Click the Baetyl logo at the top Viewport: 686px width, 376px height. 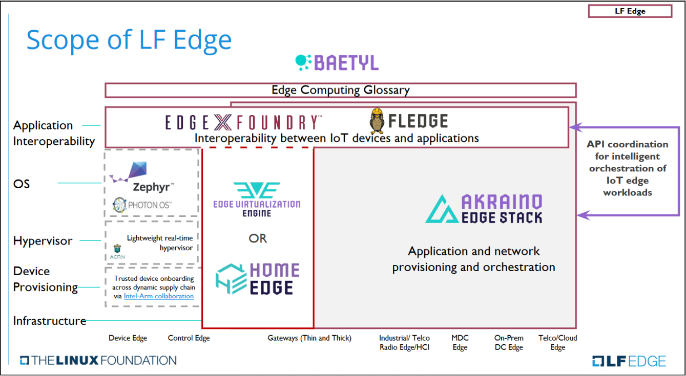[337, 62]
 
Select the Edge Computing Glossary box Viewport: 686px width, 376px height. [340, 90]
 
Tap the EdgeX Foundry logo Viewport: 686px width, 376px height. [243, 122]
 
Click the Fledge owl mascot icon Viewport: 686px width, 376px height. [377, 121]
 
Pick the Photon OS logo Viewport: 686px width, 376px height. [142, 205]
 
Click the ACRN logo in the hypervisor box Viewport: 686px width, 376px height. [116, 252]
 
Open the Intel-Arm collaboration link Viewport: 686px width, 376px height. [158, 296]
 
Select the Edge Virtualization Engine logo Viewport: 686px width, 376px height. [257, 199]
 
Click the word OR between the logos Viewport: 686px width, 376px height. [258, 238]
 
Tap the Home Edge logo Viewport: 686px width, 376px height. [257, 278]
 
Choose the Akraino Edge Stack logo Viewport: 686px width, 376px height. [484, 209]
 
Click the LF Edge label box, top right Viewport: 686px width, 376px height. [630, 11]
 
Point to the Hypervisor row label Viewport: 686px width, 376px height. [43, 241]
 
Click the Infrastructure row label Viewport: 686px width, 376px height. [50, 321]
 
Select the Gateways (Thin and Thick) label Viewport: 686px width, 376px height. [309, 338]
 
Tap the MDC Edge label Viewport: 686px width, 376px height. [460, 343]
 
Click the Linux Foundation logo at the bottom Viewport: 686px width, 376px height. [98, 360]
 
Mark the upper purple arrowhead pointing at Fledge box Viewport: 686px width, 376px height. [575, 127]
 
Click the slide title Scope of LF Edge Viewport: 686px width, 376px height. [129, 39]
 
